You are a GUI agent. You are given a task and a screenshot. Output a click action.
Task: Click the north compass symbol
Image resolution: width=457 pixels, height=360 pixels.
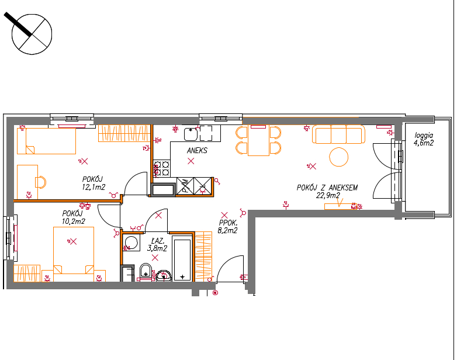[x=32, y=34]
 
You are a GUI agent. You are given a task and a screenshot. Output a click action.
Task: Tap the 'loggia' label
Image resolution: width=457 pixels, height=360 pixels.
[x=424, y=135]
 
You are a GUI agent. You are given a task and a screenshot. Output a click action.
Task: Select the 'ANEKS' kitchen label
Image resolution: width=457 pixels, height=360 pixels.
[x=197, y=150]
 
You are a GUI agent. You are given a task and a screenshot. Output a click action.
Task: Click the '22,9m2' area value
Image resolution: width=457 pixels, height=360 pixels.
[x=328, y=195]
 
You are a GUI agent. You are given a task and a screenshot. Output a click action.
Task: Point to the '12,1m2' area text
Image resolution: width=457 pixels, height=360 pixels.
[x=94, y=187]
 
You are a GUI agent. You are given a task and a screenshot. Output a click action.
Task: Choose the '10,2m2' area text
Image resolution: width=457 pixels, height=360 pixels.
[x=74, y=221]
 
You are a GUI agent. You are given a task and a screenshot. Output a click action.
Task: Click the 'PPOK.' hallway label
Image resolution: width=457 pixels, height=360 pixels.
[x=228, y=223]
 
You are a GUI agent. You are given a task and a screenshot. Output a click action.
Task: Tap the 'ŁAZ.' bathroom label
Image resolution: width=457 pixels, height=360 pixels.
[x=158, y=241]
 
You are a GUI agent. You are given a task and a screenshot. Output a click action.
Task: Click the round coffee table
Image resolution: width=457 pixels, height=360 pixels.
[x=339, y=157]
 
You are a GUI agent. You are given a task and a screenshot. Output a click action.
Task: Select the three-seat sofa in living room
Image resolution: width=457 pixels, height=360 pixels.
[x=339, y=134]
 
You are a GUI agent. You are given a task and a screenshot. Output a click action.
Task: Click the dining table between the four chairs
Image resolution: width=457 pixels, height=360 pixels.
[x=258, y=140]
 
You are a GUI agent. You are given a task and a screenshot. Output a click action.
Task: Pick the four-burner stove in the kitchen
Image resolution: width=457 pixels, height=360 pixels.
[x=161, y=168]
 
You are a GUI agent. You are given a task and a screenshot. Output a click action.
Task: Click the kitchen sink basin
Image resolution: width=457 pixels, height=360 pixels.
[x=191, y=134]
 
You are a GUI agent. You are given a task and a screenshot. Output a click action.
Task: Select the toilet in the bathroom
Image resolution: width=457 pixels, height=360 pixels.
[x=146, y=271]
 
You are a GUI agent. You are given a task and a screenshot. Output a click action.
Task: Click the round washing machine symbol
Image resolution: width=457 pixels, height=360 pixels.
[x=131, y=243]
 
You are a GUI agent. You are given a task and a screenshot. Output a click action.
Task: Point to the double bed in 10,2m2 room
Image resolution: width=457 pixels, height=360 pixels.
[x=74, y=250]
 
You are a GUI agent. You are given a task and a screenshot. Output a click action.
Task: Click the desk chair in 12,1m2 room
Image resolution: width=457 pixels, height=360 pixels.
[x=41, y=182]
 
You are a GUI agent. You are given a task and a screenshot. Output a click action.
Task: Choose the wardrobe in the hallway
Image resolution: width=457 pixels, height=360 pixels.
[x=203, y=256]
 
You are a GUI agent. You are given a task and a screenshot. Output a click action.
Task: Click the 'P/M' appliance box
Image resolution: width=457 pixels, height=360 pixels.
[x=185, y=186]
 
